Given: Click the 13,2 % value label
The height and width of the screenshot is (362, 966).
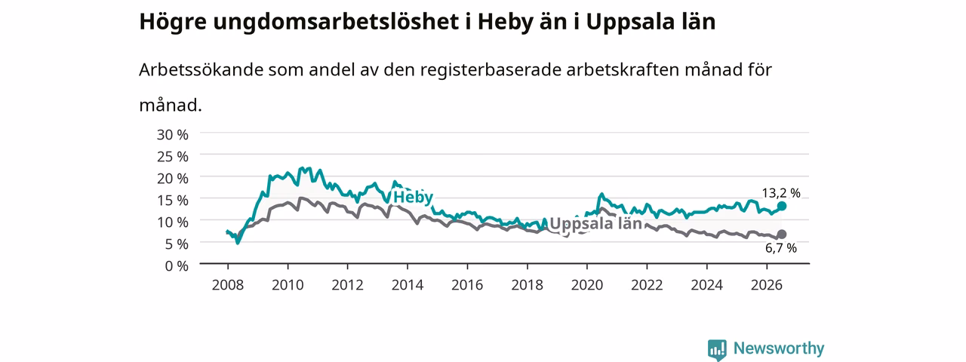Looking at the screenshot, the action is pyautogui.click(x=780, y=193).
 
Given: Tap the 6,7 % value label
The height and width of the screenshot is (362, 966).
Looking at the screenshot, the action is pyautogui.click(x=781, y=248).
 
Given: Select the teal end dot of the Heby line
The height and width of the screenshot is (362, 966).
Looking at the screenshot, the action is pyautogui.click(x=781, y=206).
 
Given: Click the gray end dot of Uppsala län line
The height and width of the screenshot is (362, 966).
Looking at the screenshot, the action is pyautogui.click(x=781, y=235).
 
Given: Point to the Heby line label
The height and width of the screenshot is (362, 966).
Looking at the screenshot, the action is pyautogui.click(x=413, y=197).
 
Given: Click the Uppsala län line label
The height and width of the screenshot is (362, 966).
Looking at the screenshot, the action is pyautogui.click(x=596, y=224).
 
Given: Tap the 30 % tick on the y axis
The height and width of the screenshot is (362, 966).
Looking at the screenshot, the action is pyautogui.click(x=173, y=135).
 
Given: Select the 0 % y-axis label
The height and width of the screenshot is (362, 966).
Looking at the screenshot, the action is pyautogui.click(x=177, y=266).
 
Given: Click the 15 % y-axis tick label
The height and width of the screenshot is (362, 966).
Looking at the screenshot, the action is pyautogui.click(x=173, y=201).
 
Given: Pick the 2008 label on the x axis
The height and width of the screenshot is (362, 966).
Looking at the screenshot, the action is pyautogui.click(x=228, y=285).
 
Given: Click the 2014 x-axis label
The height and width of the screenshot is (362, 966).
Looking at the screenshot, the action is pyautogui.click(x=408, y=285).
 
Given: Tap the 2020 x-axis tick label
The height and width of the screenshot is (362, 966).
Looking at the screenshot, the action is pyautogui.click(x=587, y=285).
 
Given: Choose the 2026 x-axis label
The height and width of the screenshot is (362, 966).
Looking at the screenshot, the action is pyautogui.click(x=767, y=285).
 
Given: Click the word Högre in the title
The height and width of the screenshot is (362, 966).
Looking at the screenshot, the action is pyautogui.click(x=173, y=23).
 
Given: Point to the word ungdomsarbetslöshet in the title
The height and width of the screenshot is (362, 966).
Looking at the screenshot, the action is pyautogui.click(x=336, y=23).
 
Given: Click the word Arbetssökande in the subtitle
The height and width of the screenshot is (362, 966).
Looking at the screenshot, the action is pyautogui.click(x=201, y=70).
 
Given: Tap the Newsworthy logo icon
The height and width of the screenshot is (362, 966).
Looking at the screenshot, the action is pyautogui.click(x=717, y=349).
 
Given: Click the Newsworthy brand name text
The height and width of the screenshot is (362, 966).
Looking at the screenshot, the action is pyautogui.click(x=779, y=348).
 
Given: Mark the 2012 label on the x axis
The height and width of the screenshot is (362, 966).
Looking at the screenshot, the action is pyautogui.click(x=348, y=285).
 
